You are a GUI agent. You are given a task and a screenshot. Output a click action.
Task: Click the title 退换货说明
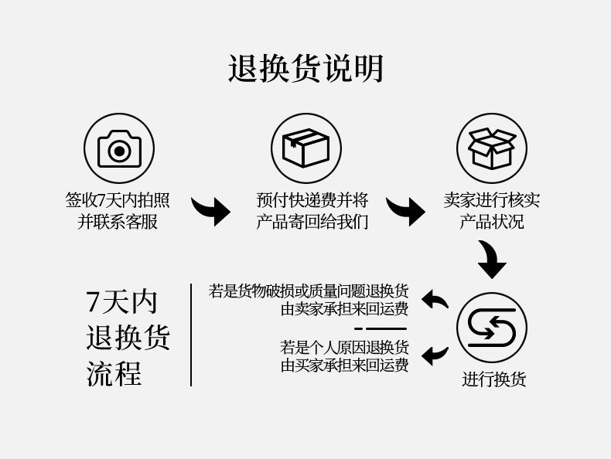305,69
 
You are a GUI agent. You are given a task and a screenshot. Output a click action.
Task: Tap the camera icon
119,148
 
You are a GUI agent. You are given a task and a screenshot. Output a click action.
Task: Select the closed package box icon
305,148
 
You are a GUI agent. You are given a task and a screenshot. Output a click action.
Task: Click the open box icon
492,148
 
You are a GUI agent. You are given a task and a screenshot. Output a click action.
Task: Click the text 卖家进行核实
492,200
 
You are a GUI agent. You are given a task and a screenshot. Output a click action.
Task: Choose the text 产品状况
492,223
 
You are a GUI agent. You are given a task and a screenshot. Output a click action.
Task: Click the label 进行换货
494,379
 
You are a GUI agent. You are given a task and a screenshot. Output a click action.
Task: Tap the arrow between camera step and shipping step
211,210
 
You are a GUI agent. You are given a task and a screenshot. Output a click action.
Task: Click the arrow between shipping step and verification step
405,210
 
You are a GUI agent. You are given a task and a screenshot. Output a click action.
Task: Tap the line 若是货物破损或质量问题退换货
309,291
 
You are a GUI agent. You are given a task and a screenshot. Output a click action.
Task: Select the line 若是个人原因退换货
344,347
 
